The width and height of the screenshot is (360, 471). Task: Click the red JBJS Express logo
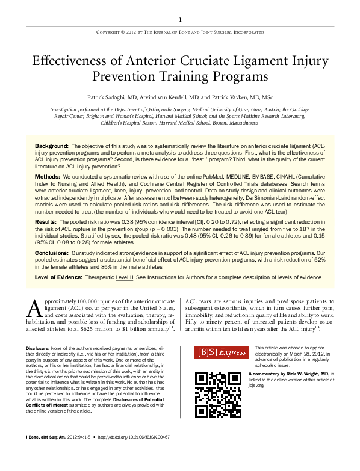tap(220, 353)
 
